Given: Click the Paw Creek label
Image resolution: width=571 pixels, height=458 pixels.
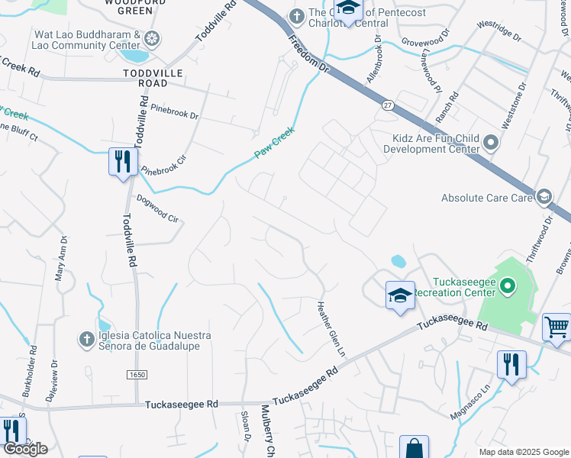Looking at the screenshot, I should (274, 144).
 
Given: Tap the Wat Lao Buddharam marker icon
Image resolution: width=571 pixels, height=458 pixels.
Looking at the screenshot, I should (152, 38).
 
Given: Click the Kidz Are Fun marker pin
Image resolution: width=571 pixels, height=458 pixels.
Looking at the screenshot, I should (491, 142).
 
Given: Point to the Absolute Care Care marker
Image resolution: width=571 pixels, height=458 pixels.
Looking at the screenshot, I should (544, 197).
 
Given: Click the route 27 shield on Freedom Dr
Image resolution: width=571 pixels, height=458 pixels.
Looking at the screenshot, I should (388, 107).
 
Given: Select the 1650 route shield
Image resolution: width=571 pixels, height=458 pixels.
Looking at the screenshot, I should (134, 375).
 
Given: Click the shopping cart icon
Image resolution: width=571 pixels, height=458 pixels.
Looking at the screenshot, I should (556, 327).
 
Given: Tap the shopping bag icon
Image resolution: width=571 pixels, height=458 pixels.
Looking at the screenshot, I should (414, 447).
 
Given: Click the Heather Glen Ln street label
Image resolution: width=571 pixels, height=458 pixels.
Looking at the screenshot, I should (331, 329).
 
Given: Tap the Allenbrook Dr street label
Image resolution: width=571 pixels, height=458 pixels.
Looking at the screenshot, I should (374, 61).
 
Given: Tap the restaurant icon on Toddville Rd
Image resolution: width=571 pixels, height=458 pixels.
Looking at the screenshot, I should (122, 161).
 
